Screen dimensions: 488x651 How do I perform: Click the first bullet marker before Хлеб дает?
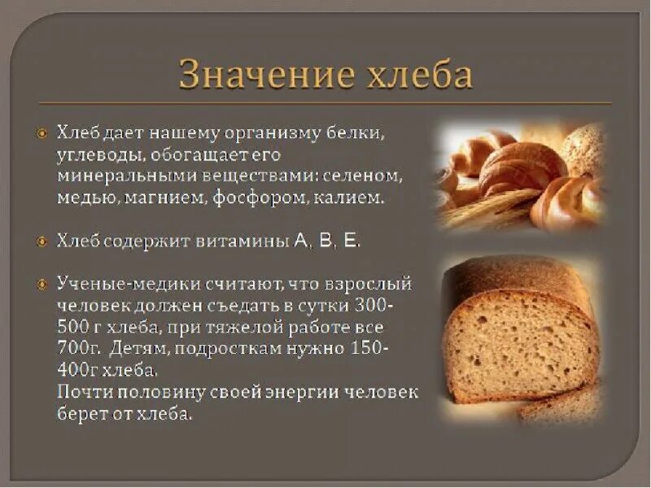[x=42, y=132]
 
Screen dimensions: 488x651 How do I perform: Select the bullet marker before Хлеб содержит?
[x=42, y=241]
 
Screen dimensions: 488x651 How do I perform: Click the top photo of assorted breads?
[x=521, y=175]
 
